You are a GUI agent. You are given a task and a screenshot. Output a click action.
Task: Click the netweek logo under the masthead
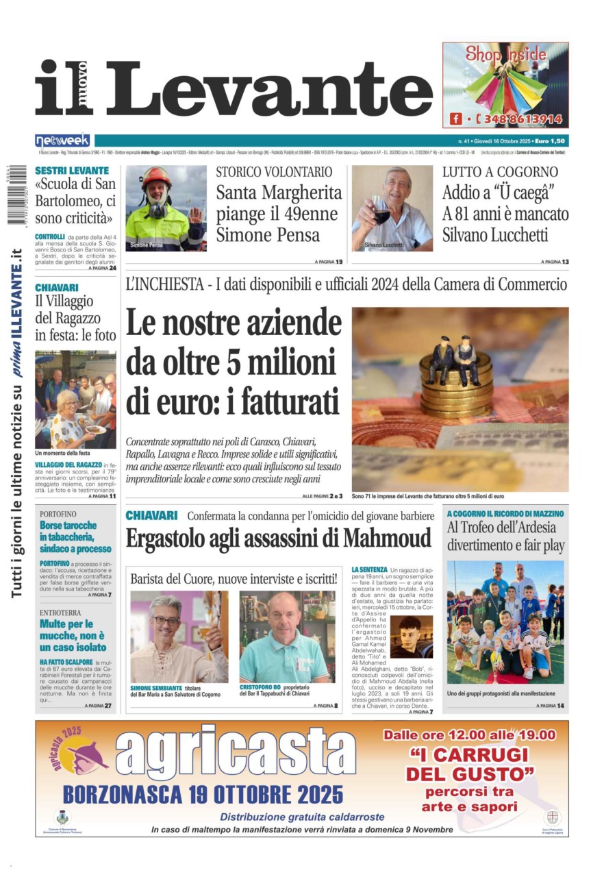[62, 140]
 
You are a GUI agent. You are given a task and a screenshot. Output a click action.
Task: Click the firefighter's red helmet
[156, 177]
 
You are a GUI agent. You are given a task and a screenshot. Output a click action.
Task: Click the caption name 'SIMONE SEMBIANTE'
[156, 687]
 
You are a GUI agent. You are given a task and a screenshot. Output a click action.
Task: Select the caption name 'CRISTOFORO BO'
[260, 687]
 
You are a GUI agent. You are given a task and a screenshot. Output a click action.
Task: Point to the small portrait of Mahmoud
[411, 636]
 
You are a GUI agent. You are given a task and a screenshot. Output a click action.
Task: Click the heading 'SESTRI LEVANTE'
[72, 170]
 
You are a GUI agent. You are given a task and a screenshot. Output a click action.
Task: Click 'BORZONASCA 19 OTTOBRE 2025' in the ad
[203, 794]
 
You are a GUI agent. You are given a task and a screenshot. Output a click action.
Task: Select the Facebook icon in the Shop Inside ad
[455, 119]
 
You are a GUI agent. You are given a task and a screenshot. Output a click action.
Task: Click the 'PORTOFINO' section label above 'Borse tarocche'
[58, 513]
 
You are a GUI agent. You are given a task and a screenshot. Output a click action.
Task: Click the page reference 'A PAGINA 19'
[329, 262]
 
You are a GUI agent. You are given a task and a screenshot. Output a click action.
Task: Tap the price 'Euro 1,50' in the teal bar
[553, 140]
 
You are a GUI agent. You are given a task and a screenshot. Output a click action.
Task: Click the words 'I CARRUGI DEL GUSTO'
[470, 765]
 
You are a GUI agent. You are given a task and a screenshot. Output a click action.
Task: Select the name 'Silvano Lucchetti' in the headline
[495, 235]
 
